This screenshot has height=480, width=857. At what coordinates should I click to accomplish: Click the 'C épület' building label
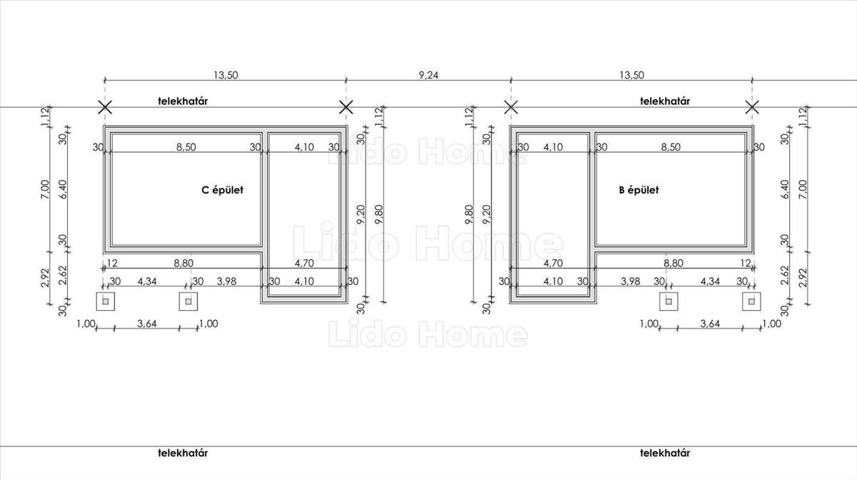coord(222,190)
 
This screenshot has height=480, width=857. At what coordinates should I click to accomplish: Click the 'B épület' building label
coord(639,190)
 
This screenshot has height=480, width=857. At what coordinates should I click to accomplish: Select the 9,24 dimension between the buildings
coord(428,75)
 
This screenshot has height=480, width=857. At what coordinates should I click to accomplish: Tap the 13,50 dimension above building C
coord(226,75)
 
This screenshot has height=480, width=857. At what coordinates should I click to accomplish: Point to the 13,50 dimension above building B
coord(631,75)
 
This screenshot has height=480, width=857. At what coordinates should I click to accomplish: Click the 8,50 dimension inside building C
coord(186,147)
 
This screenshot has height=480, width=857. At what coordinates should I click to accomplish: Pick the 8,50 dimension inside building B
coord(671,147)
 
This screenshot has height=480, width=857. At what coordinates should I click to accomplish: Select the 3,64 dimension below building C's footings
coord(147,324)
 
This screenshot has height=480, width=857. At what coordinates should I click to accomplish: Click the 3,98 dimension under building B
coord(630,281)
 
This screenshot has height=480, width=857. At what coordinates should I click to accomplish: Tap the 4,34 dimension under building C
coord(147,281)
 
